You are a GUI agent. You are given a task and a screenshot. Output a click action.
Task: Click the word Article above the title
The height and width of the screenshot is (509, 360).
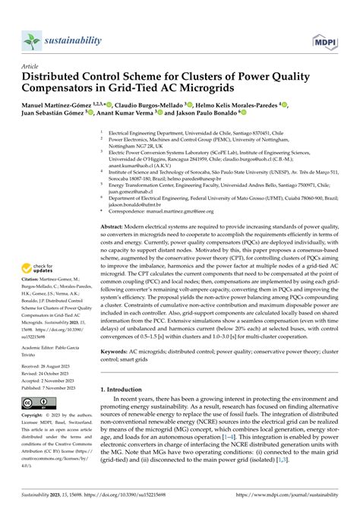pyautogui.click(x=31, y=67)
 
